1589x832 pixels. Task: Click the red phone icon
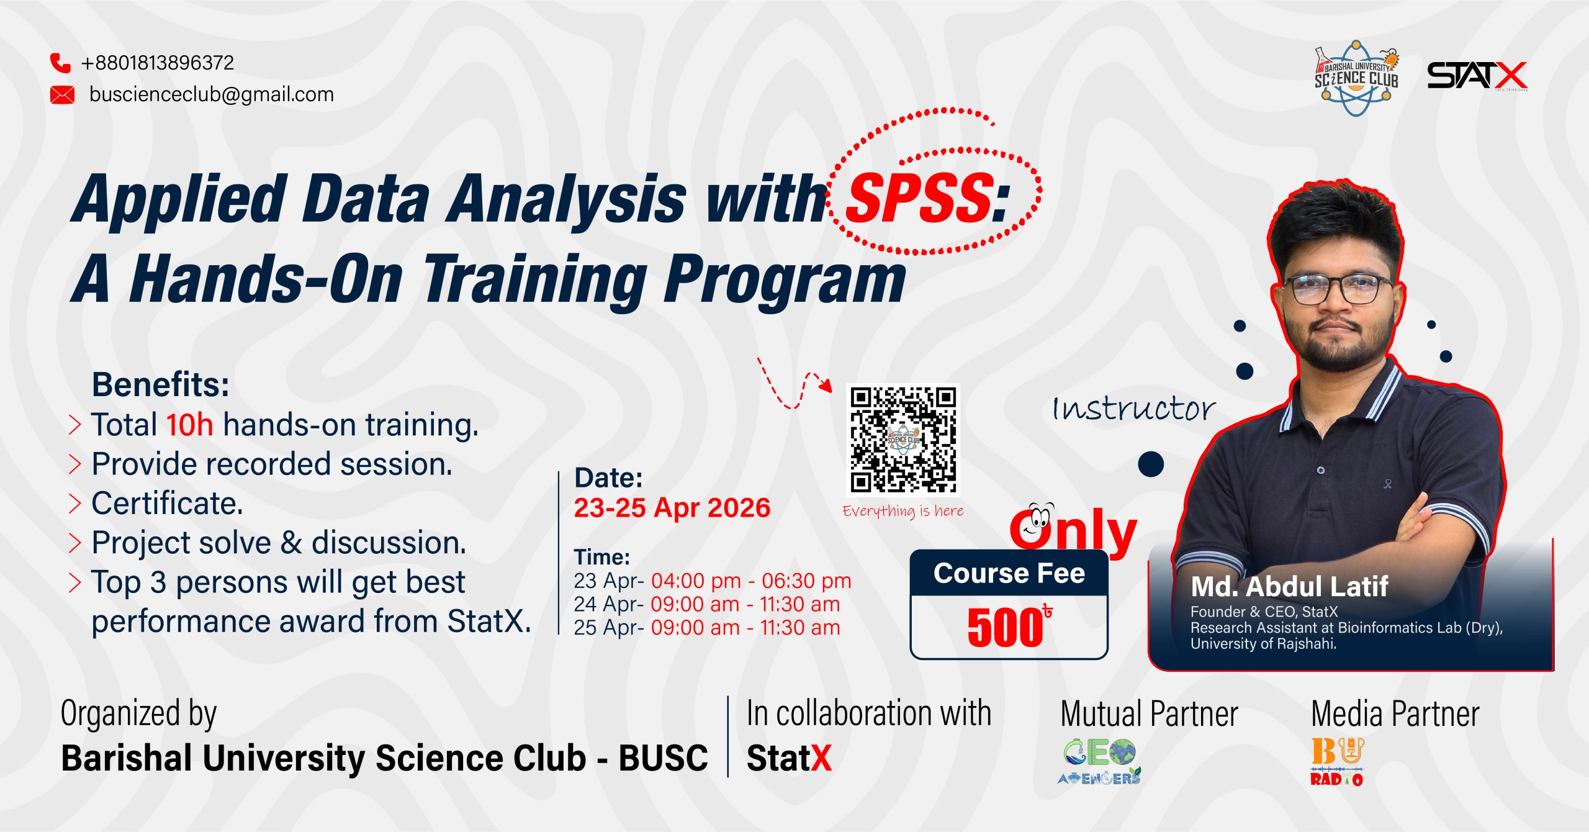pyautogui.click(x=60, y=63)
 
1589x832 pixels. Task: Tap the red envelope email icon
pyautogui.click(x=62, y=95)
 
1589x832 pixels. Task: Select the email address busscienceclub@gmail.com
pyautogui.click(x=212, y=94)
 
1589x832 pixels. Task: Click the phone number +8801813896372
pyautogui.click(x=158, y=63)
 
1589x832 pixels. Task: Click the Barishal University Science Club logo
pyautogui.click(x=1356, y=78)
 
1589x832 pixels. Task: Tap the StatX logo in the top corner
pyautogui.click(x=1477, y=76)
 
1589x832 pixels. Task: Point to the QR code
pyautogui.click(x=904, y=440)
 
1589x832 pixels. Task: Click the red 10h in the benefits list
pyautogui.click(x=190, y=425)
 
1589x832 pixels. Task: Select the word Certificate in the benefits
pyautogui.click(x=167, y=503)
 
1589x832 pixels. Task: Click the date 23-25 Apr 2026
pyautogui.click(x=672, y=508)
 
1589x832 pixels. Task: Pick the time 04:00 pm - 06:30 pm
pyautogui.click(x=751, y=581)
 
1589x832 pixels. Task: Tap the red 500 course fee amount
pyautogui.click(x=1005, y=628)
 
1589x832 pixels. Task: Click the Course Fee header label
pyautogui.click(x=1009, y=573)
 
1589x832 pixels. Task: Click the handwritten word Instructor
pyautogui.click(x=1133, y=409)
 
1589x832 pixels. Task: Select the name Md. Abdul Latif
pyautogui.click(x=1289, y=586)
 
